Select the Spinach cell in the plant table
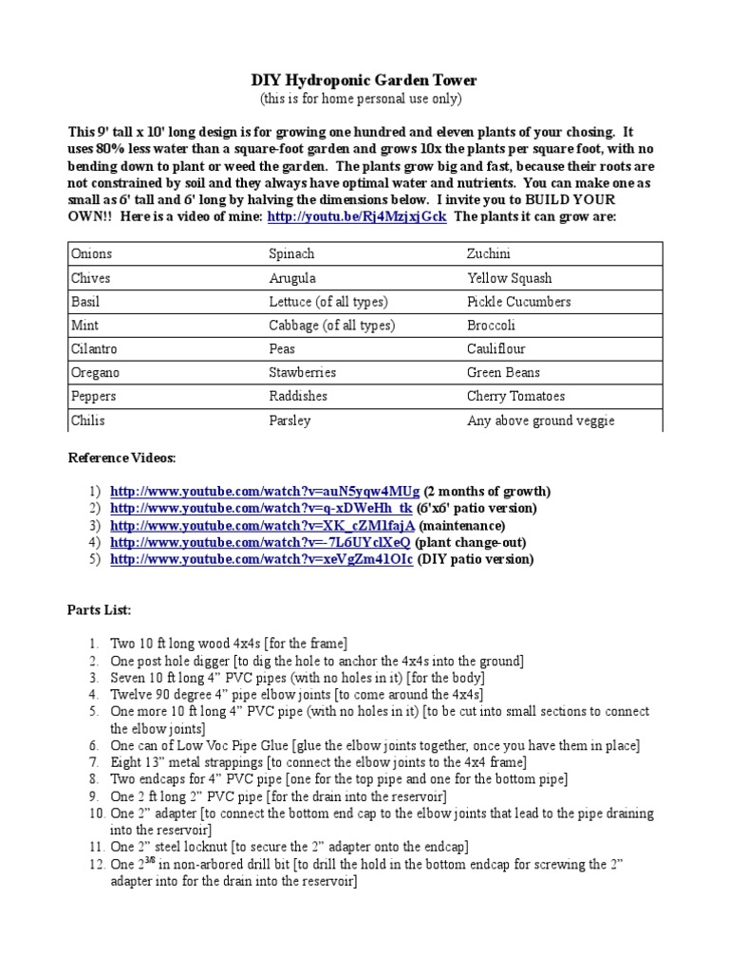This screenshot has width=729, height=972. [x=291, y=254]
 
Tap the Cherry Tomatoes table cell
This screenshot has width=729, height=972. [x=515, y=397]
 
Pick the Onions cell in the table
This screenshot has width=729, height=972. [x=91, y=254]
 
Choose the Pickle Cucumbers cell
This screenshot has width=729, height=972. [x=518, y=302]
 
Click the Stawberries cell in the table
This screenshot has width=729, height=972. [x=302, y=373]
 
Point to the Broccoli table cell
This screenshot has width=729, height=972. [x=492, y=326]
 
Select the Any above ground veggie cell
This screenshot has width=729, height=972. [x=540, y=421]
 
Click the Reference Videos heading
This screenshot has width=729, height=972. [x=121, y=458]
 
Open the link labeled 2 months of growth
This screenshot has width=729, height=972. [x=264, y=492]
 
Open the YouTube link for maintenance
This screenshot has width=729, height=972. [x=262, y=526]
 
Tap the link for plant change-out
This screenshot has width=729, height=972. [x=260, y=542]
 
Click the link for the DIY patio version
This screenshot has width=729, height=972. [x=261, y=559]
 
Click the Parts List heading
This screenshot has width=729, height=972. [x=100, y=608]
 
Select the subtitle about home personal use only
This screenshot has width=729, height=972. [x=361, y=100]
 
